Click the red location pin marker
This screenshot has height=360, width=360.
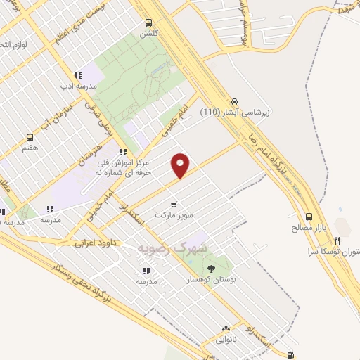coord(180,165)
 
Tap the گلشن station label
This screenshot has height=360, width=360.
coord(148,33)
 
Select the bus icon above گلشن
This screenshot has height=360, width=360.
coord(148,22)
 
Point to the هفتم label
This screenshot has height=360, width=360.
coord(30,148)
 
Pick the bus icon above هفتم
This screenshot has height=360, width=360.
coord(30,137)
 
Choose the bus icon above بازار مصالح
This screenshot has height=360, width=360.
coord(309,217)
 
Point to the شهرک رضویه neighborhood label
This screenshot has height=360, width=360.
coord(172,248)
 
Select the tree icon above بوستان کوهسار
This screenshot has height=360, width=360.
coord(211,268)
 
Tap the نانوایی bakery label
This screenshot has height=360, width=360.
coord(226,339)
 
